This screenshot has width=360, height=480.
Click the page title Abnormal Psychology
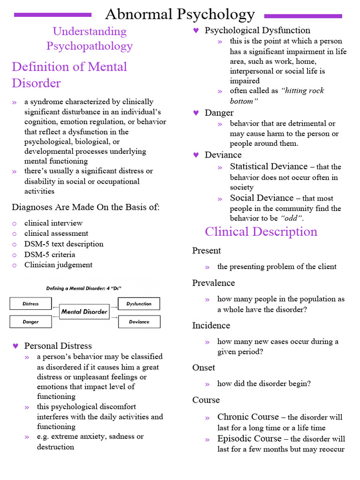[x=180, y=14]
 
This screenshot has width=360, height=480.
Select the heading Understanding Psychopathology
[x=90, y=38]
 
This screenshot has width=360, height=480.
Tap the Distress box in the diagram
[x=31, y=304]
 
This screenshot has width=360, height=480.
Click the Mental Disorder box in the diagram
[x=84, y=312]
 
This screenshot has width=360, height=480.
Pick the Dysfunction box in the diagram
[x=139, y=304]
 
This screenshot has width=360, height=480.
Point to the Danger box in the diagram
[x=31, y=322]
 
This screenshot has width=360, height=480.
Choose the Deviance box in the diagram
[x=139, y=322]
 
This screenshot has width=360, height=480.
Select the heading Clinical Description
[x=261, y=232]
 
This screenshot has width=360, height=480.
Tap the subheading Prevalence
[x=213, y=283]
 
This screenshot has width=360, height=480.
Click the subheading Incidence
[x=211, y=325]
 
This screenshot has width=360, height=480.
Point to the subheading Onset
[x=203, y=367]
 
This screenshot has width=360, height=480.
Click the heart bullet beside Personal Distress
[x=15, y=346]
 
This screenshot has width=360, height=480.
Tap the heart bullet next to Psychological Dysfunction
[x=196, y=30]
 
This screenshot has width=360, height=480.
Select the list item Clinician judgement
[x=59, y=265]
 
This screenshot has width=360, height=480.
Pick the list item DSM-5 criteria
[x=50, y=255]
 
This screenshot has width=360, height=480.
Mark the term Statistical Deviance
[x=269, y=166]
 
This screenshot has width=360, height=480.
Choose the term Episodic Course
[x=249, y=439]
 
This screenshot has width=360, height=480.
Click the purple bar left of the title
[x=53, y=15]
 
